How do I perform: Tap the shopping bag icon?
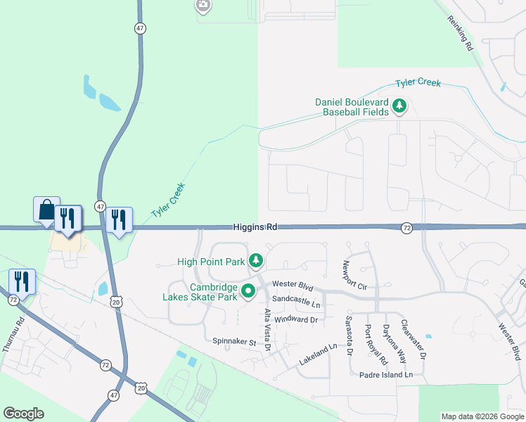[x=46, y=210]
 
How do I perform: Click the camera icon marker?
[x=203, y=6]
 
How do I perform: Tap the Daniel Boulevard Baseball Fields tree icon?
[x=400, y=107]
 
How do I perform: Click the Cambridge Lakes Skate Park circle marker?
[x=248, y=290]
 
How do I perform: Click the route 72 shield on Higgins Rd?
[x=406, y=228]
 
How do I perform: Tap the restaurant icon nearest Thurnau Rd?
[x=22, y=281]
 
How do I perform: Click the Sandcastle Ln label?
[x=296, y=305]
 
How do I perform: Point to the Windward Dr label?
[x=296, y=319]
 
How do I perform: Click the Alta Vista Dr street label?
[x=267, y=330]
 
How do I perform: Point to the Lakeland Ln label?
[x=318, y=349]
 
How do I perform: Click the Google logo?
[x=23, y=414]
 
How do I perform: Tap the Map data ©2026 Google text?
[x=482, y=416]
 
